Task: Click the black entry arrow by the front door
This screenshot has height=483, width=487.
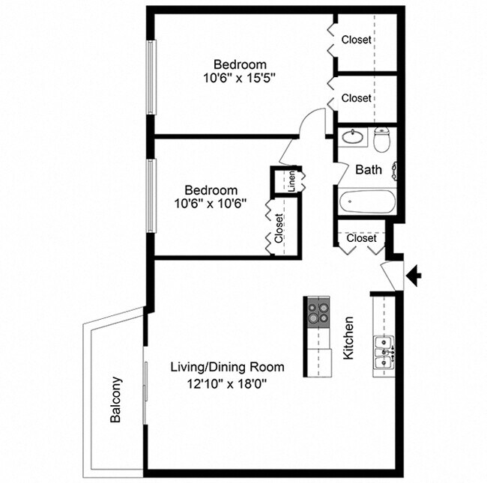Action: pos(414,276)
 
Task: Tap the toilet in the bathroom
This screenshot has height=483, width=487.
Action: pos(381,139)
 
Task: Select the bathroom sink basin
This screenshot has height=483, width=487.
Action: pos(353,136)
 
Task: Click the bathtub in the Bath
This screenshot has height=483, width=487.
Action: pos(367,201)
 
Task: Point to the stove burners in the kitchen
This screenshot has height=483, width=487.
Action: pos(318,312)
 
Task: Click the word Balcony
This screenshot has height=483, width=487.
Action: pos(115,399)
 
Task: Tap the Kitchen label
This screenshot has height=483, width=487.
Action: pos(348,338)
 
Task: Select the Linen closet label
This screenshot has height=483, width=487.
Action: pos(291,181)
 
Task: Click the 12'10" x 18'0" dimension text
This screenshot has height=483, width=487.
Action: pos(227,384)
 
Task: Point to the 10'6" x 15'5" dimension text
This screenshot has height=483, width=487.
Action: pos(240,78)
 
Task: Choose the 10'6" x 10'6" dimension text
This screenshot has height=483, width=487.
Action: pos(211,204)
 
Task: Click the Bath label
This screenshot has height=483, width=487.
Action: pos(369,169)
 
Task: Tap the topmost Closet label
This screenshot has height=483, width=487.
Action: pos(356,40)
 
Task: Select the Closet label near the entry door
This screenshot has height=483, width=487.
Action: pos(362,238)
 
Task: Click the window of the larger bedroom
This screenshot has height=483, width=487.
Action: pos(151,77)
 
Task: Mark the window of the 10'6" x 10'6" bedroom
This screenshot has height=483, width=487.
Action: pos(151,196)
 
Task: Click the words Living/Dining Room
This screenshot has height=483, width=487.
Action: pos(227,367)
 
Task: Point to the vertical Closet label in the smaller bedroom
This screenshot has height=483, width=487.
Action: pos(279,228)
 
